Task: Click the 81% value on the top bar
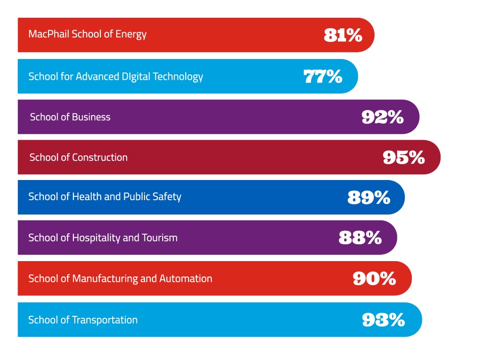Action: coord(343,35)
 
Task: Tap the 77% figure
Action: coord(323,76)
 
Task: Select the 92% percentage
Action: coord(383,117)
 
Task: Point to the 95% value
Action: coord(404,157)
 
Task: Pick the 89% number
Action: coord(369,197)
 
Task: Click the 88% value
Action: coord(360,238)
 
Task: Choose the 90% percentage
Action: coord(374,278)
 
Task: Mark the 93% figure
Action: coord(384,320)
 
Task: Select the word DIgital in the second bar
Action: coord(134,77)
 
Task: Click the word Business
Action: coord(92,117)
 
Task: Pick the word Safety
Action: coord(168,197)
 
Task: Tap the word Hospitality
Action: coord(96,238)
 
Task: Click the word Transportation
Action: coord(105,320)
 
